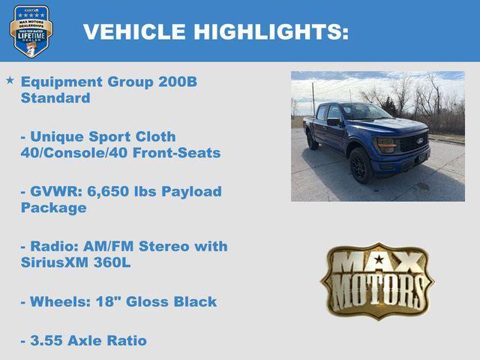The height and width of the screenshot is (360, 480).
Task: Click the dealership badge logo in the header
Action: click(31, 31)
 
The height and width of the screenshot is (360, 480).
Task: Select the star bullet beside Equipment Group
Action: click(10, 79)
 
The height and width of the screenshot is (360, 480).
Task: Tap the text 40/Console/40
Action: click(90, 153)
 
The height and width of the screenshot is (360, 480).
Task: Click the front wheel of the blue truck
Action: click(361, 164)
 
